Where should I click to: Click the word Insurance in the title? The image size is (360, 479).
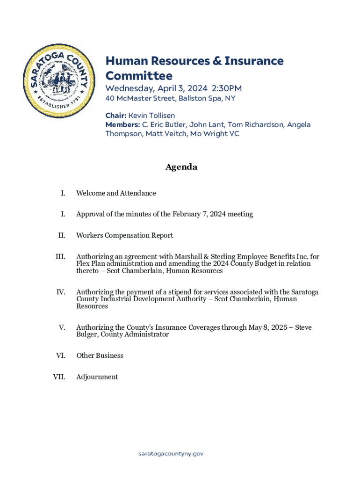click(254, 61)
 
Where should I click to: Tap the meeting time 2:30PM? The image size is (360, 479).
click(227, 88)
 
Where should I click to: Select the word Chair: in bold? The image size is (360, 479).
click(116, 115)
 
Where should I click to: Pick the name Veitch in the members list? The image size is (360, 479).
click(180, 134)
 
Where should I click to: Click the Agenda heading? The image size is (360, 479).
click(181, 167)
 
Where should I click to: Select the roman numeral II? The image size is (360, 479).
click(62, 235)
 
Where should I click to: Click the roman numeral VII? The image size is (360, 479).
click(59, 377)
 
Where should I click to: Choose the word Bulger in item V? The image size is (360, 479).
click(87, 334)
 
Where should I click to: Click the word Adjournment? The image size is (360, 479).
click(97, 377)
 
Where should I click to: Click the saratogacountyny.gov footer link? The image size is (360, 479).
click(171, 454)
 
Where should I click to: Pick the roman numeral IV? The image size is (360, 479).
click(61, 292)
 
